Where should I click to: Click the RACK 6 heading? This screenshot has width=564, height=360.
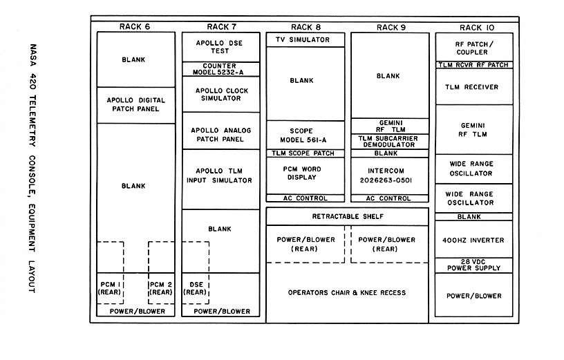pyautogui.click(x=135, y=27)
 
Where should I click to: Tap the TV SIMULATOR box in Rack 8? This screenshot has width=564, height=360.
pyautogui.click(x=305, y=40)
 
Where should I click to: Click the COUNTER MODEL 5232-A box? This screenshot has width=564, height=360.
pyautogui.click(x=221, y=69)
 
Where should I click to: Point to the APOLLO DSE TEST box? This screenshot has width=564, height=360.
pyautogui.click(x=221, y=47)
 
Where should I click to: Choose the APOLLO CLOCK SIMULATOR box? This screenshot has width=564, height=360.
pyautogui.click(x=221, y=94)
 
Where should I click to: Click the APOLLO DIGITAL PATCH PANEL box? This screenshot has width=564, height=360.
pyautogui.click(x=136, y=105)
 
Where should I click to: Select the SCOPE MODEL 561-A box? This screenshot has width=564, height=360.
pyautogui.click(x=305, y=135)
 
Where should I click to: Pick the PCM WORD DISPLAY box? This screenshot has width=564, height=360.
pyautogui.click(x=305, y=176)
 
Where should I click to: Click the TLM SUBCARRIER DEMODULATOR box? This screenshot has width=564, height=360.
pyautogui.click(x=390, y=142)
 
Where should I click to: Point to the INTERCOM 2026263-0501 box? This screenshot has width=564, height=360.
pyautogui.click(x=390, y=176)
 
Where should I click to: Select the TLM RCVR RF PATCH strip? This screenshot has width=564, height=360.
pyautogui.click(x=474, y=65)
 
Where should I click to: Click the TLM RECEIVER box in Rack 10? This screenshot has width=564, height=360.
pyautogui.click(x=474, y=86)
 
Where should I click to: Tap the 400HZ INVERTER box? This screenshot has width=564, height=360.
pyautogui.click(x=474, y=240)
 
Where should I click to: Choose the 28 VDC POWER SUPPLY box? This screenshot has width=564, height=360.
pyautogui.click(x=474, y=265)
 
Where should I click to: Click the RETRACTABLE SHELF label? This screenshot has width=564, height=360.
pyautogui.click(x=348, y=216)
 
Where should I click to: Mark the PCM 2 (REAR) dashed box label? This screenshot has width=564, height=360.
pyautogui.click(x=161, y=288)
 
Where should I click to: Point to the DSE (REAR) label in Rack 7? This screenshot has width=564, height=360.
pyautogui.click(x=196, y=288)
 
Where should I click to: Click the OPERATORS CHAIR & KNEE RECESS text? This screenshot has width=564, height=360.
pyautogui.click(x=347, y=293)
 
